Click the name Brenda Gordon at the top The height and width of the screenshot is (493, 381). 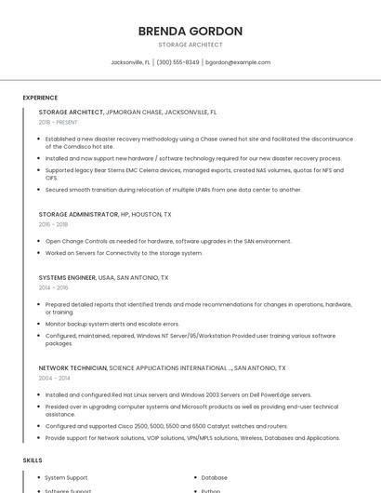coord(190,31)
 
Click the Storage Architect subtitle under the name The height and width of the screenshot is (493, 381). coord(190,45)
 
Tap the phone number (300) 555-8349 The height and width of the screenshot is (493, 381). coord(177,62)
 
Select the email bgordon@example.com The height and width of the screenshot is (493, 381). coord(238,62)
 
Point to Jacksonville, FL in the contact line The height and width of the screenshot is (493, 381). coord(130,62)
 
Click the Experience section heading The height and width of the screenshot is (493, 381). coord(40,97)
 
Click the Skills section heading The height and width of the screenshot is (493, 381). coord(33,460)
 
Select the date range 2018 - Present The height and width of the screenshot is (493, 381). coord(59,122)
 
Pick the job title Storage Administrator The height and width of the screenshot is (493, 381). coord(78,214)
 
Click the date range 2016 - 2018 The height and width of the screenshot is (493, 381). coord(53,224)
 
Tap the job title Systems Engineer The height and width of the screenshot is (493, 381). coord(67,277)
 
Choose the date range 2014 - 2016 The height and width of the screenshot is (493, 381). coord(53,287)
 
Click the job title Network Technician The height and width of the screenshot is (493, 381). coord(72,368)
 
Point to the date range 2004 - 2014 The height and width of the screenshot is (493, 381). coord(54,379)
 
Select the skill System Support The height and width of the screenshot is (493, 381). coord(68,478)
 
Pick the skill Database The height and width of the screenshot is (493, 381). coord(214,478)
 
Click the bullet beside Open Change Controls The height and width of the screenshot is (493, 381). coord(39,241)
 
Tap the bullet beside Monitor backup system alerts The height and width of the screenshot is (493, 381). coord(39,324)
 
